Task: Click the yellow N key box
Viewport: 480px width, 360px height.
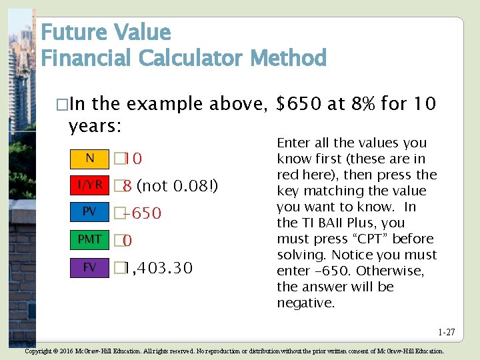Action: [89, 158]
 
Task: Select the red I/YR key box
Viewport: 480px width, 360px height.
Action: [89, 185]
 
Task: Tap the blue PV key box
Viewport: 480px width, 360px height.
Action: [89, 212]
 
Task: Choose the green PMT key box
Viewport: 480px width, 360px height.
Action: [89, 239]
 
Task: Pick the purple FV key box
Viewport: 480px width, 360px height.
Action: [89, 267]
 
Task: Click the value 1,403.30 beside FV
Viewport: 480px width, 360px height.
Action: [158, 268]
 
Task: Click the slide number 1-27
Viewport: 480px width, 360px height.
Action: [446, 332]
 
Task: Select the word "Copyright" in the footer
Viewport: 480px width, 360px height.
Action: [39, 351]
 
